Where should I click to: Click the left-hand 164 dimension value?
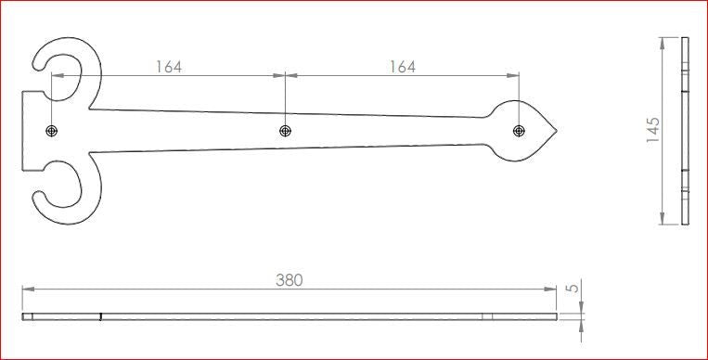pyautogui.click(x=169, y=67)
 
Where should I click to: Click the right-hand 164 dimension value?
pyautogui.click(x=402, y=67)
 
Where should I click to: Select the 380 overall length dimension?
pyautogui.click(x=290, y=280)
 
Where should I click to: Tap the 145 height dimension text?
pyautogui.click(x=653, y=130)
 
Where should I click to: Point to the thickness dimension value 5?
pyautogui.click(x=573, y=288)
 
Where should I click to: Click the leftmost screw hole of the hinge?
pyautogui.click(x=51, y=131)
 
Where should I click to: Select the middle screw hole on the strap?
pyautogui.click(x=285, y=131)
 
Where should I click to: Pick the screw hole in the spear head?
pyautogui.click(x=519, y=131)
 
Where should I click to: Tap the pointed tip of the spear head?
pyautogui.click(x=557, y=131)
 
